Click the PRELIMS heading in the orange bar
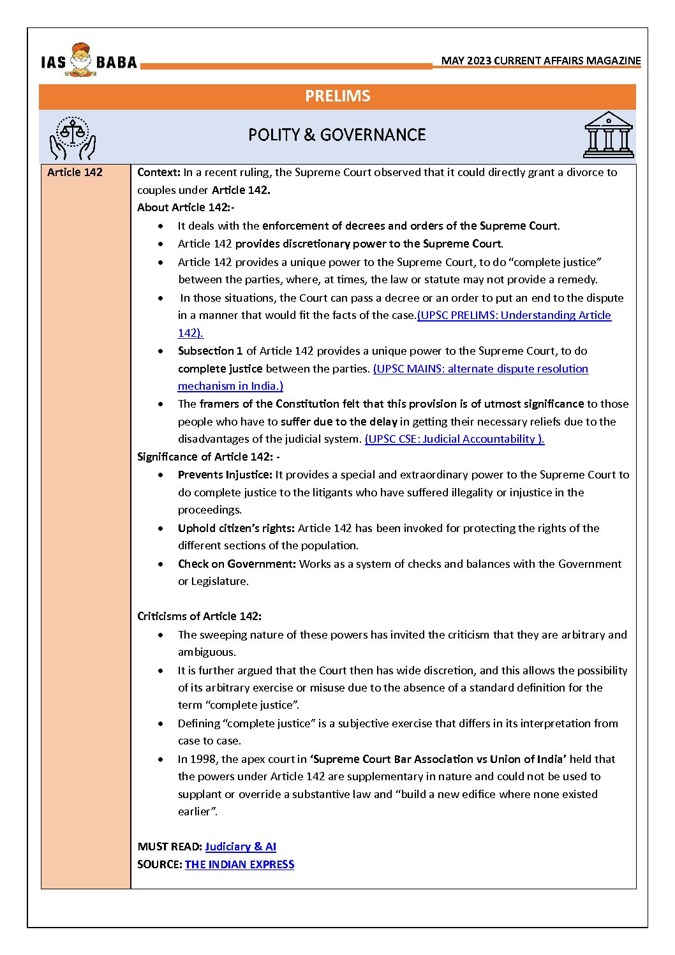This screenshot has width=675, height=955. [x=337, y=96]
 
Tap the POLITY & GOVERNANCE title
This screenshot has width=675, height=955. [x=337, y=135]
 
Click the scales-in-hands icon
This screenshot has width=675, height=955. [x=73, y=137]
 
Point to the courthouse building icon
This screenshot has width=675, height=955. [x=609, y=135]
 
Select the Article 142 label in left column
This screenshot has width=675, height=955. [x=75, y=172]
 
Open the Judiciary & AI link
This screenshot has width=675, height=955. [x=241, y=847]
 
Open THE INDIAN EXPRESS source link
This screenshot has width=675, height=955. [x=239, y=864]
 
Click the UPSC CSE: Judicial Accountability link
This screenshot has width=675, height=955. [x=454, y=439]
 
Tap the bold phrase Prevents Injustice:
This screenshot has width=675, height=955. [x=225, y=475]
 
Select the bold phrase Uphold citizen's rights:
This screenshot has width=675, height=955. [x=236, y=528]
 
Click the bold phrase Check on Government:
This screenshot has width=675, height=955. [x=237, y=564]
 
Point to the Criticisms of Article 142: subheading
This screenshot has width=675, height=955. [x=199, y=616]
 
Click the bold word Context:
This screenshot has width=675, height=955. [x=159, y=172]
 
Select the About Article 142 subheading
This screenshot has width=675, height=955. [x=186, y=207]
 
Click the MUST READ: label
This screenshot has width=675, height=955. [x=170, y=847]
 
